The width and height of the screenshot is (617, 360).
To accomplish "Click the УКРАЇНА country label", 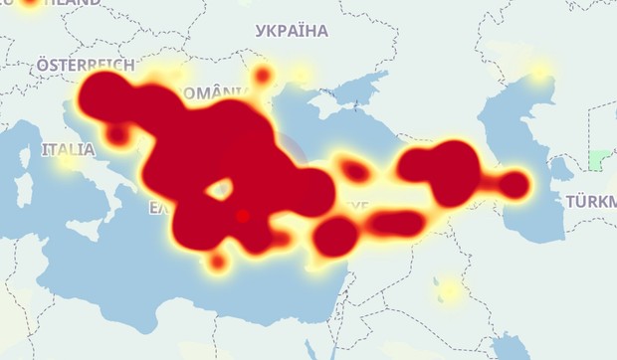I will (x=292, y=31).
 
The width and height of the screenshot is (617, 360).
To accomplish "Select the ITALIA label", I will (x=69, y=150).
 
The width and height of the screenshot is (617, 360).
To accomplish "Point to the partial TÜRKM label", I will (x=591, y=202).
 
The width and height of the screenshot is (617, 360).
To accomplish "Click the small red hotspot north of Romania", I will (x=263, y=75).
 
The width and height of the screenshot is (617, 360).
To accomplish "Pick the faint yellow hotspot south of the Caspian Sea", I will (x=450, y=290).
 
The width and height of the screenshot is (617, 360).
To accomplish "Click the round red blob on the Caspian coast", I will (x=513, y=185).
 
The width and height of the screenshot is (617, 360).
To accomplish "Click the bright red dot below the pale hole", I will (x=243, y=215).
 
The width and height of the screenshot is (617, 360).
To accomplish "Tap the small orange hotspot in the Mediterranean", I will (x=217, y=263).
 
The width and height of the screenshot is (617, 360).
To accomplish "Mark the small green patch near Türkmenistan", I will (x=599, y=159).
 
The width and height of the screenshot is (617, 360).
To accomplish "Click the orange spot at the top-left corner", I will (x=29, y=3).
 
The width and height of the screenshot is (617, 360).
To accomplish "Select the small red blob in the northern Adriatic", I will (x=117, y=133).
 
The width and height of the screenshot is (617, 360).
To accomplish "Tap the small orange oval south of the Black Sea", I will (x=354, y=170).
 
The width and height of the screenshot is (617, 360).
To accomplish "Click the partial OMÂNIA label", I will (x=211, y=92).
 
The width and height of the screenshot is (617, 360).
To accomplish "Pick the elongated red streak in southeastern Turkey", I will (x=394, y=223).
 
